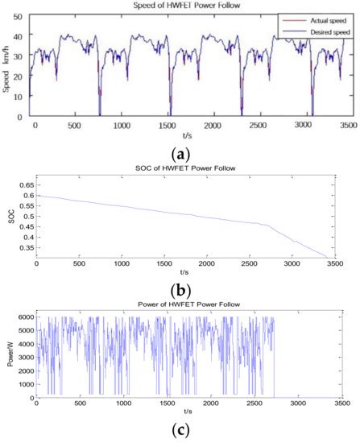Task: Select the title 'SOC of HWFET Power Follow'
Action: click(186, 166)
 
